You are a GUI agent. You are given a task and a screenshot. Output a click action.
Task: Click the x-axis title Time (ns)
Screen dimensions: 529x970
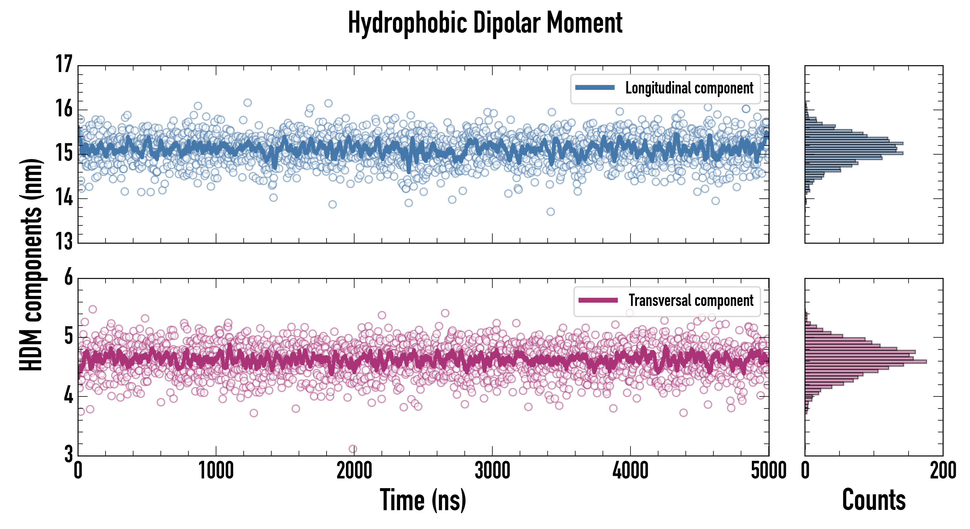(x=423, y=500)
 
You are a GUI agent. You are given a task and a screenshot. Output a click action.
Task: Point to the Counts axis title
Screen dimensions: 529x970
(x=874, y=500)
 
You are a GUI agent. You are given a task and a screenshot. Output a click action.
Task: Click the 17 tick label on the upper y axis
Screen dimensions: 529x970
(x=64, y=64)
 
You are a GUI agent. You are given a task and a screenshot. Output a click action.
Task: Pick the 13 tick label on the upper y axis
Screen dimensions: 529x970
(x=64, y=241)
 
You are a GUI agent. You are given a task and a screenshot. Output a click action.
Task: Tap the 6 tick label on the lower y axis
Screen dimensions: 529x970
(x=68, y=277)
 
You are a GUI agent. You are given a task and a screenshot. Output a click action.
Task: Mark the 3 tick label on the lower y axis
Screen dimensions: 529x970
(x=68, y=454)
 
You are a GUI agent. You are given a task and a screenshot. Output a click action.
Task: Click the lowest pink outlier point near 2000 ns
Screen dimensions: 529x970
(x=353, y=449)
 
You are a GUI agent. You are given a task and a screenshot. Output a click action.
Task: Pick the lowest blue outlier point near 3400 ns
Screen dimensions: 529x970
(x=551, y=212)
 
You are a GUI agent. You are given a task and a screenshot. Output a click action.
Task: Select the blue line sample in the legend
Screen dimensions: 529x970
(x=595, y=88)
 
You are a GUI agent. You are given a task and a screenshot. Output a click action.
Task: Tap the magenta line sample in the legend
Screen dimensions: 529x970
(x=598, y=300)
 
